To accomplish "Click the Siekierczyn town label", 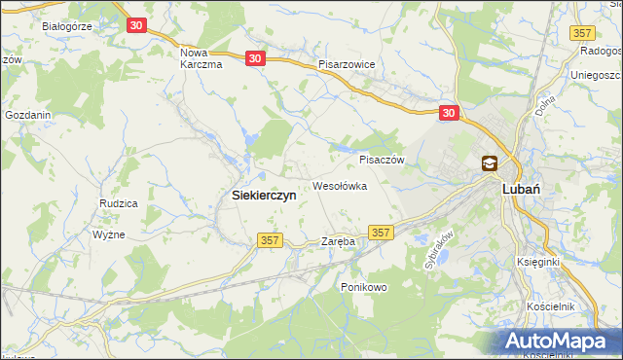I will pos(264,195).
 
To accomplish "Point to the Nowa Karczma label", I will pos(202,58).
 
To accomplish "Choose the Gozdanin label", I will pos(27,115).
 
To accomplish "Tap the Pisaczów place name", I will pos(382,160).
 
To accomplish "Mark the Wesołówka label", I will pos(339,185).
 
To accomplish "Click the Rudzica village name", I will pos(118,202).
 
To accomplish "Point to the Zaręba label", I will pos(338,240).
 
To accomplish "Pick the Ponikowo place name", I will pos(364,287).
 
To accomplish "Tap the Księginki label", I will pos(538,263).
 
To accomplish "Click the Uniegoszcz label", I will pos(596,75).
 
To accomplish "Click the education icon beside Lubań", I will pos(489,164).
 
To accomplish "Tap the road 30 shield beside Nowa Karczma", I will pos(255,58).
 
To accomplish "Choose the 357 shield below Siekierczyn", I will pos(270,239).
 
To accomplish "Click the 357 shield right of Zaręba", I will pos(382,232).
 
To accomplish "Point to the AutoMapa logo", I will pos(560,341).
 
